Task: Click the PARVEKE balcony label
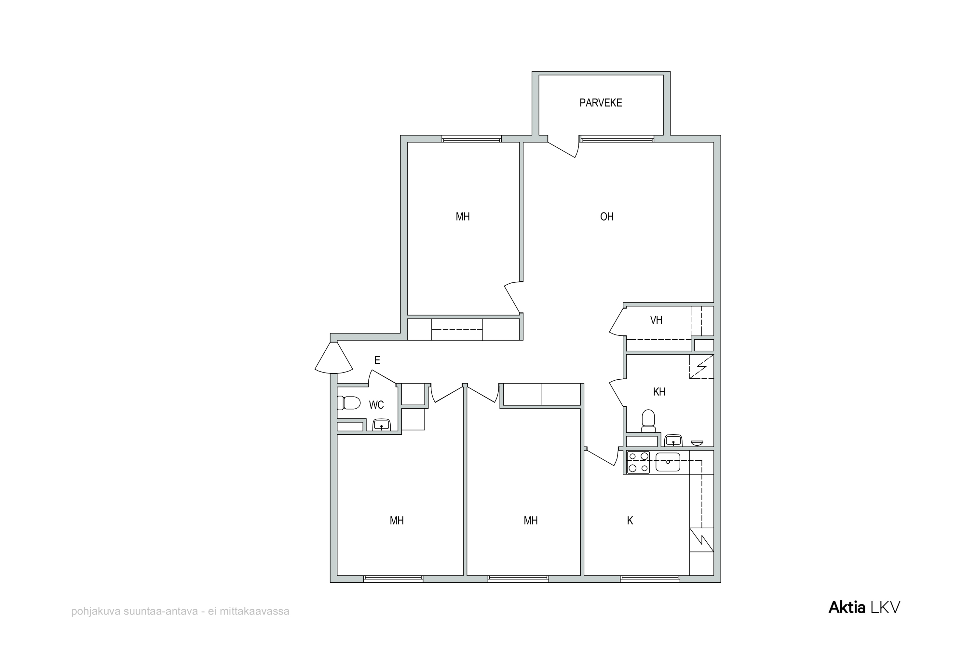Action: tap(601, 103)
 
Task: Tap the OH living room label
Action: tap(606, 216)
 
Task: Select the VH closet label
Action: tap(656, 320)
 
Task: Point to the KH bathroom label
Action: tap(659, 391)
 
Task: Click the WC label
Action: tap(376, 405)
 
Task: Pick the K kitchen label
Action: tap(630, 521)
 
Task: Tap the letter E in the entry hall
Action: tap(377, 360)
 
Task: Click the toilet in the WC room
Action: tap(349, 403)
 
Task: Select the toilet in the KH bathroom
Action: tap(648, 421)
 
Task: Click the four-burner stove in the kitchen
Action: tap(638, 462)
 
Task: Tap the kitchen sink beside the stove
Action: tap(668, 462)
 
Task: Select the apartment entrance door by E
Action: tap(334, 357)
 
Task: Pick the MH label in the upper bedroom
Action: tap(463, 216)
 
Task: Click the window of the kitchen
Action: tap(650, 578)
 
